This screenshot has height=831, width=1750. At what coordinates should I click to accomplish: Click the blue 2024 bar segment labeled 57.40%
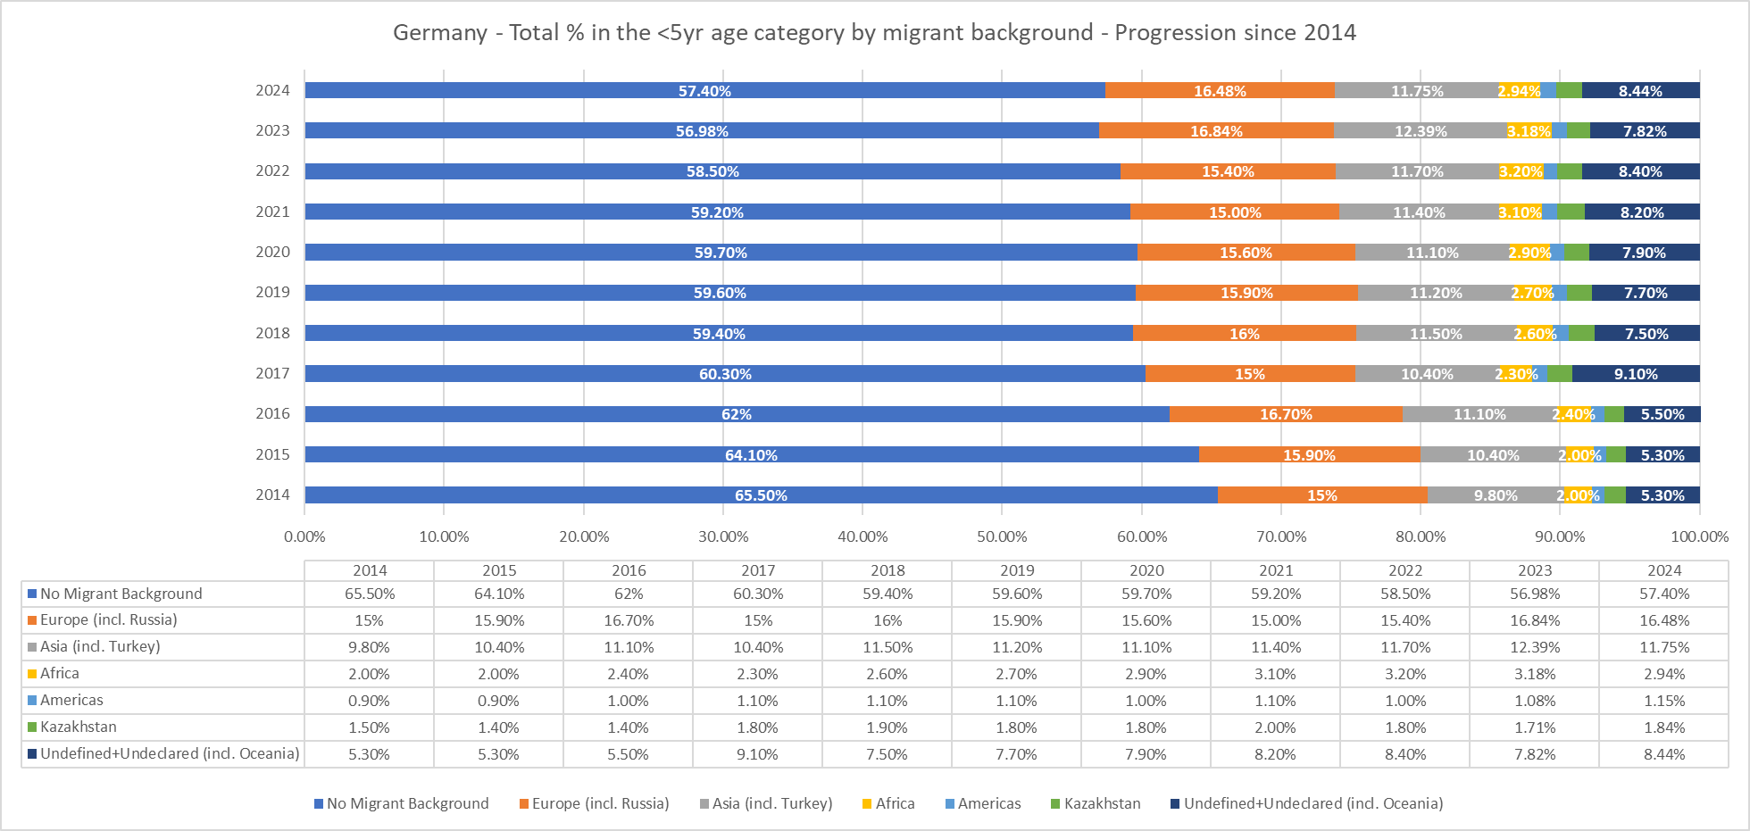click(704, 90)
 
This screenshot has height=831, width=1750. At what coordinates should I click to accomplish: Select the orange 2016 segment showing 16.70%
click(1286, 414)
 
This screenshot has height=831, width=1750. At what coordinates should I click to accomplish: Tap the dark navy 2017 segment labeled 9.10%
click(1636, 374)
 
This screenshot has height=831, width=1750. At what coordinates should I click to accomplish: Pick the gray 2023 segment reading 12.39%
click(1421, 131)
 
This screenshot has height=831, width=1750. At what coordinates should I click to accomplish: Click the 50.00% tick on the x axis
click(1002, 536)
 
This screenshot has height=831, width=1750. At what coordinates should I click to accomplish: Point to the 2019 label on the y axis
click(272, 292)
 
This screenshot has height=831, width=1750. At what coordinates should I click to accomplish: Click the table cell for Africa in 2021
click(1275, 674)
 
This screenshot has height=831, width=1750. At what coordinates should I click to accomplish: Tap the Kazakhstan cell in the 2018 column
click(887, 727)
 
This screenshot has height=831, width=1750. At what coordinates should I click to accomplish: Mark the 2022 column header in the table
click(1405, 570)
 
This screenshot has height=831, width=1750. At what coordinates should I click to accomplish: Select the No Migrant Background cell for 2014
click(369, 594)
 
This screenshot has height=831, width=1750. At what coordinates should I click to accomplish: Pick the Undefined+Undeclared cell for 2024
click(1664, 754)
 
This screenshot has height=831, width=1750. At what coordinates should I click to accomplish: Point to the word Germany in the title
click(439, 33)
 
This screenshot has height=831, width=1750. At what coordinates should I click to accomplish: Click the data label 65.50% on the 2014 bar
click(761, 495)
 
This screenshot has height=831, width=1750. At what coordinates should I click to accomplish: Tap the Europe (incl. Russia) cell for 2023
click(1535, 620)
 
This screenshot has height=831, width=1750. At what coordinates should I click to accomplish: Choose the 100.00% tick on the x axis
click(1699, 536)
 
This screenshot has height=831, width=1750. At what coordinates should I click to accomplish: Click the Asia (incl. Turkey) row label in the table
click(100, 646)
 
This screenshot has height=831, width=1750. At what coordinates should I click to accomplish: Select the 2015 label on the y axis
click(272, 454)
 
